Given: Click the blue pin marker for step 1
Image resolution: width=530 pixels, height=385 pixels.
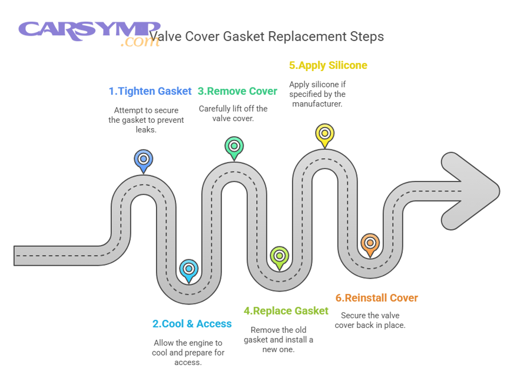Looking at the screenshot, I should pyautogui.click(x=143, y=159).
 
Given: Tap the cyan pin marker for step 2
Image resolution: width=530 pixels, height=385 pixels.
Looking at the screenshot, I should pyautogui.click(x=188, y=269).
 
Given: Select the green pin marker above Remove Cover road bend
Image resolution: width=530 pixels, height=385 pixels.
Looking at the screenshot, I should pyautogui.click(x=234, y=146).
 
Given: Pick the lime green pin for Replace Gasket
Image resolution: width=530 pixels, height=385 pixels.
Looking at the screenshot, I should pyautogui.click(x=279, y=256).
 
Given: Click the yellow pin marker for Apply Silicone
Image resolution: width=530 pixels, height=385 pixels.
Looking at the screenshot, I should pyautogui.click(x=324, y=133).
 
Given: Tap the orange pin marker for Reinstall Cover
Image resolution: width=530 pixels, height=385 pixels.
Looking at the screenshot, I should pyautogui.click(x=370, y=243).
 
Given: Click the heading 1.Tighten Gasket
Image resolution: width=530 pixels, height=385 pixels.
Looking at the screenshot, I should pyautogui.click(x=150, y=91).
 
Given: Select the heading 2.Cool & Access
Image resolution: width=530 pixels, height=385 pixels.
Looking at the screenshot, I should pyautogui.click(x=192, y=324).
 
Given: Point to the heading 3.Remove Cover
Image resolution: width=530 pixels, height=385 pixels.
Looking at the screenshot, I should pyautogui.click(x=237, y=91).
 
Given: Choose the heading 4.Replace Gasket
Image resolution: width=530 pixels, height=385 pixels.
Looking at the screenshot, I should pyautogui.click(x=286, y=311).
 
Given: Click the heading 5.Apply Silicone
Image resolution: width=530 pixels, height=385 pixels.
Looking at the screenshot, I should pyautogui.click(x=328, y=65).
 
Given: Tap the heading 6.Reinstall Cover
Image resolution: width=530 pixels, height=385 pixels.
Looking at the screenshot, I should pyautogui.click(x=377, y=298).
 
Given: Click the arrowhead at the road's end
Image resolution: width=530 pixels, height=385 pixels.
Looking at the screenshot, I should pyautogui.click(x=471, y=191).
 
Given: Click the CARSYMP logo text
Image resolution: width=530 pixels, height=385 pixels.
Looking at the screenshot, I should pyautogui.click(x=88, y=29).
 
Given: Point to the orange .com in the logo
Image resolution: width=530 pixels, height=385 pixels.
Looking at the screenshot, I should pyautogui.click(x=140, y=43).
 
